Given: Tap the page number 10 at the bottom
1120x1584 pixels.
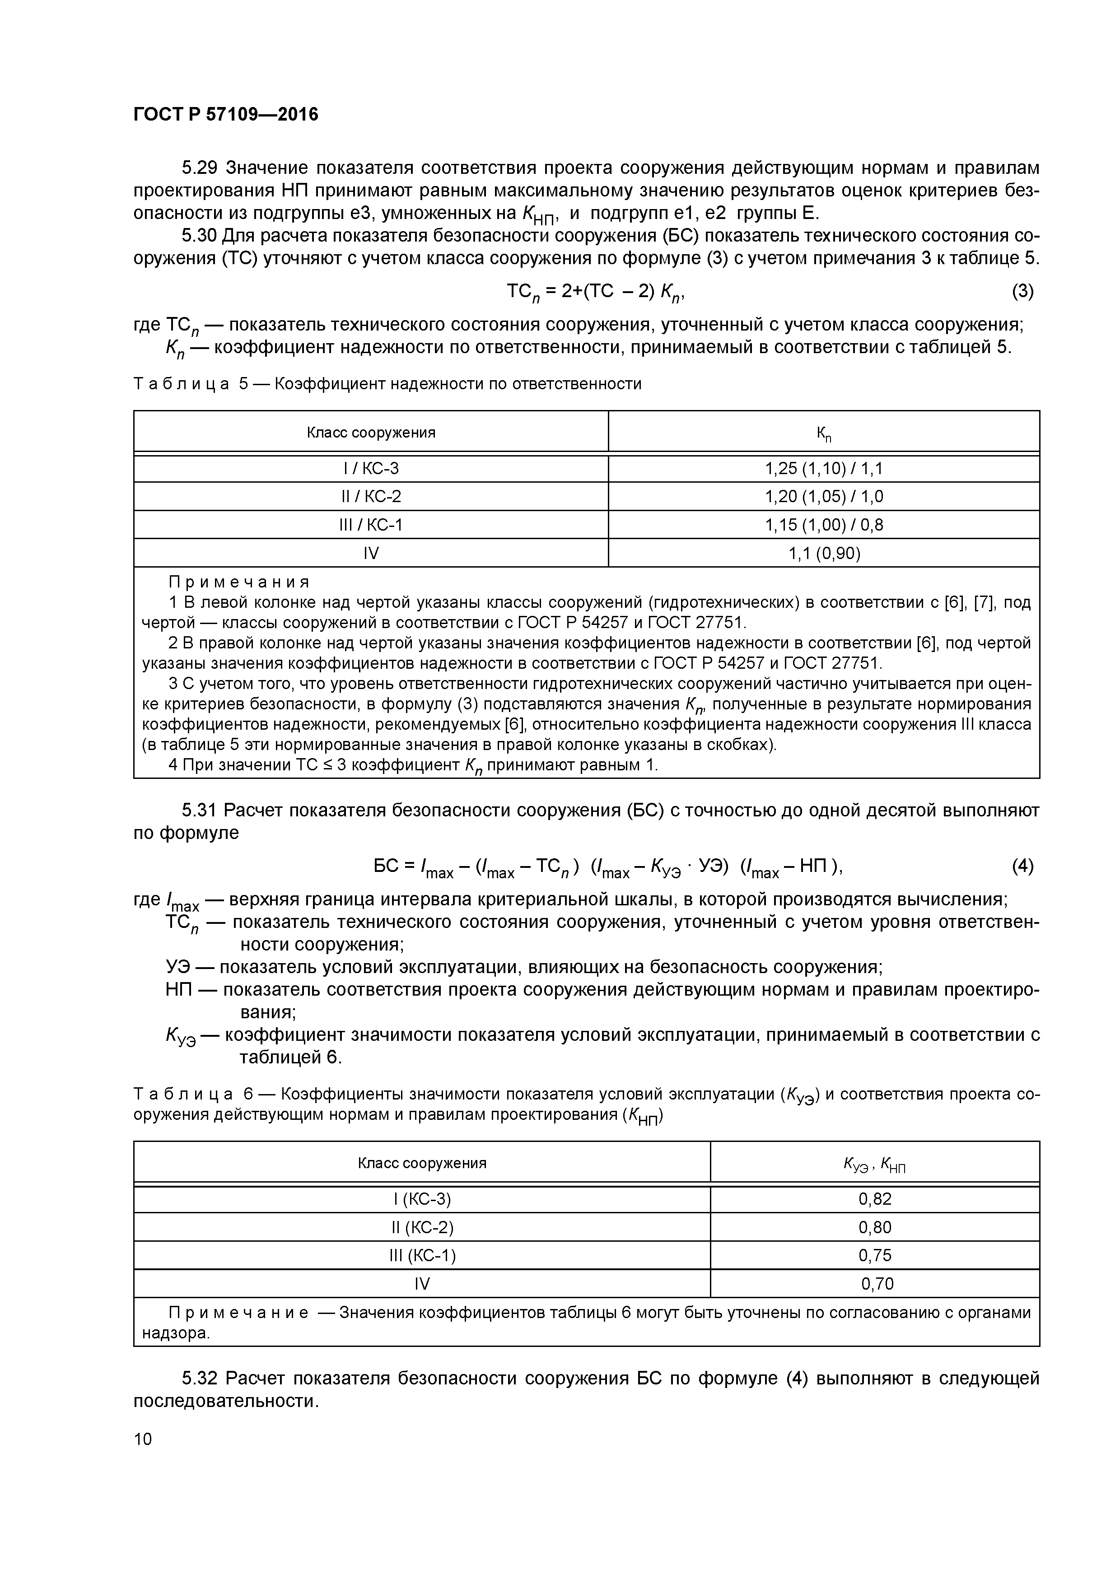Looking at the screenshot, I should (143, 1439).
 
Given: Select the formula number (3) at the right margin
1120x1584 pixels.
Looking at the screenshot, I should (1022, 291).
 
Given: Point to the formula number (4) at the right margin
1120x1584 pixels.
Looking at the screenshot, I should (1022, 866).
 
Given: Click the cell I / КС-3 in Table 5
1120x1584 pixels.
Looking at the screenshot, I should (371, 468).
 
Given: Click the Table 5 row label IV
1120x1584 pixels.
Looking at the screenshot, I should (371, 553).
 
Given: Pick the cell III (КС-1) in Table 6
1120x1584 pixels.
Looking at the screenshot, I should (422, 1255).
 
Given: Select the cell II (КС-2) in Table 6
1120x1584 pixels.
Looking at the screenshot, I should (422, 1227).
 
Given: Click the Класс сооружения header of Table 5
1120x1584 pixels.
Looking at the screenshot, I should (371, 433).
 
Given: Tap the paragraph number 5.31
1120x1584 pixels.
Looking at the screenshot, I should (200, 810).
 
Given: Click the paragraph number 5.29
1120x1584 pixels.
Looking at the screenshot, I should (200, 168).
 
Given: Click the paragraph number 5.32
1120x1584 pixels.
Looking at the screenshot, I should (200, 1379).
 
